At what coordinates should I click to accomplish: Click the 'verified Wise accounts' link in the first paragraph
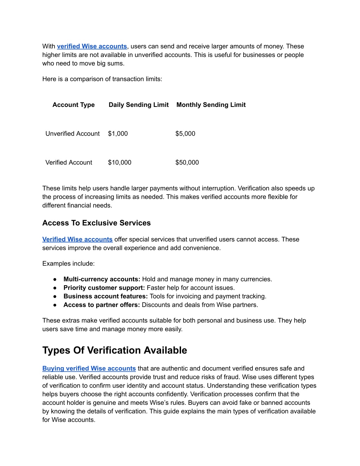tap(92, 46)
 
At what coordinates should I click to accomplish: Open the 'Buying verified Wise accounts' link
tap(89, 369)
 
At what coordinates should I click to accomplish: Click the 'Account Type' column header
tap(73, 105)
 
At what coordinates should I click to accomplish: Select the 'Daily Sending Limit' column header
tap(139, 105)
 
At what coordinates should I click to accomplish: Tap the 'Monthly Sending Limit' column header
tap(211, 105)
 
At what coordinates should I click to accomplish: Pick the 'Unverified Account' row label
tap(72, 134)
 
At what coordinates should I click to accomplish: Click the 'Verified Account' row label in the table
tap(69, 162)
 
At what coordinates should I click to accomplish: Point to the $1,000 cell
tap(118, 134)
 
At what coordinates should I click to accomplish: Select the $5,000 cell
tap(185, 134)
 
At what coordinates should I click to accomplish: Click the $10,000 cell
tap(120, 162)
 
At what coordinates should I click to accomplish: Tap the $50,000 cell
tap(187, 162)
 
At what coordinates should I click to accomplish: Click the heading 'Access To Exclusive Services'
tap(96, 223)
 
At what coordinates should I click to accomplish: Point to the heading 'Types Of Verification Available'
tap(115, 350)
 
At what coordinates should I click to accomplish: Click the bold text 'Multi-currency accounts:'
tap(102, 279)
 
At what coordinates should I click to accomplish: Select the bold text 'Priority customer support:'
tap(104, 288)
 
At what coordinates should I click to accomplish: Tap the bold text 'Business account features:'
tap(105, 296)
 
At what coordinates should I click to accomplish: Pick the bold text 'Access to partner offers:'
tap(102, 305)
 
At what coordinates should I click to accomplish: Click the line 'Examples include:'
tap(69, 264)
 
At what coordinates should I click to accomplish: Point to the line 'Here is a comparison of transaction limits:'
tap(102, 79)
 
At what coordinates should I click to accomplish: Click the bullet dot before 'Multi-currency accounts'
tap(55, 279)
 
